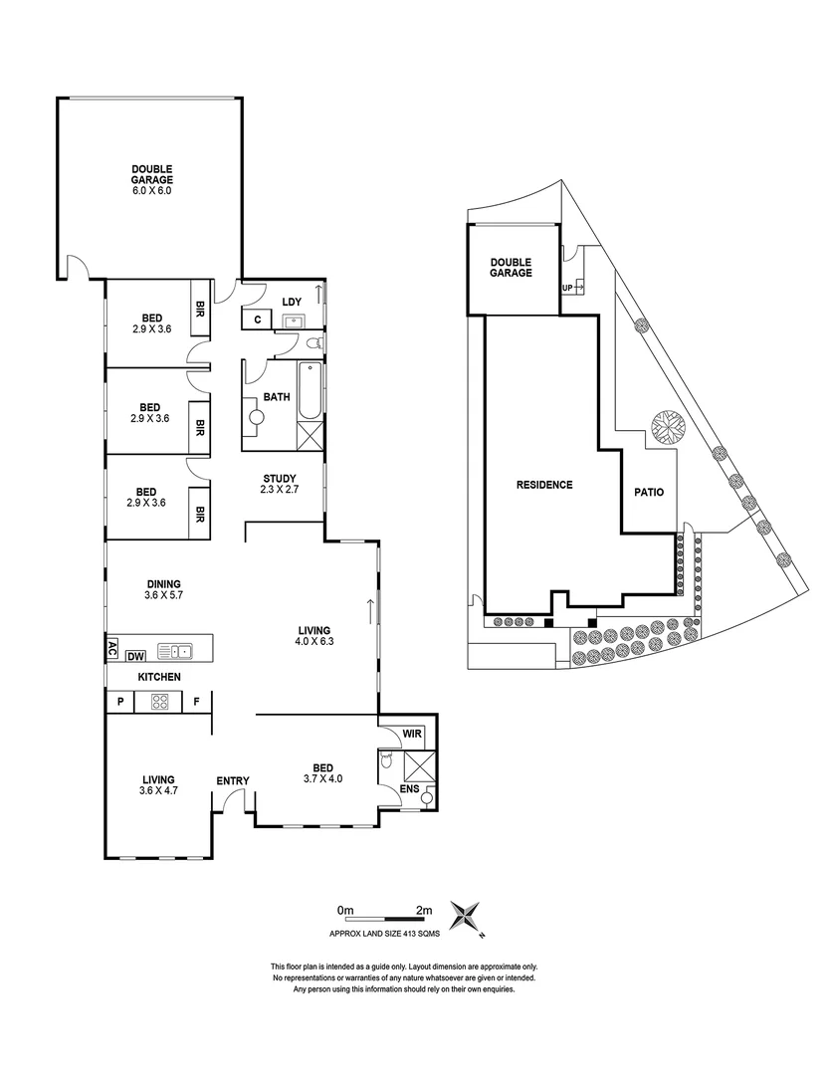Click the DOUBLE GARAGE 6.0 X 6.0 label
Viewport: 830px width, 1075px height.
click(x=151, y=179)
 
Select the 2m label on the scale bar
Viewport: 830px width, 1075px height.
click(x=424, y=910)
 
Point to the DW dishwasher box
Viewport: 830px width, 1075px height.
click(x=136, y=654)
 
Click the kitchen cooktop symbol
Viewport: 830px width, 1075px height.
click(x=160, y=702)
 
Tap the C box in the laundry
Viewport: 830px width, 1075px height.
click(x=257, y=320)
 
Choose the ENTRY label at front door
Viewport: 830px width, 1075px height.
click(x=233, y=780)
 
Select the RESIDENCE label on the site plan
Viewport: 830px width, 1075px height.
click(x=544, y=486)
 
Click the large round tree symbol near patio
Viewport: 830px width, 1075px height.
click(x=668, y=428)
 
